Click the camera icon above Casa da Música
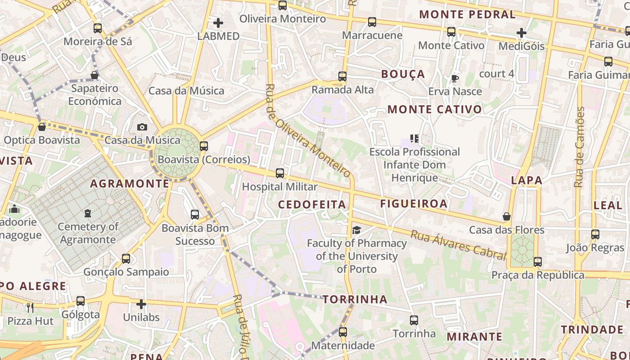pyautogui.click(x=142, y=127)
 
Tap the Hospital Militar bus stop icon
pyautogui.click(x=280, y=173)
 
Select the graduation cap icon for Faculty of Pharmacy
pyautogui.click(x=356, y=230)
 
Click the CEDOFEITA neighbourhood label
pyautogui.click(x=312, y=205)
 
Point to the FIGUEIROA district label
pyautogui.click(x=414, y=203)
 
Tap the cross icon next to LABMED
pyautogui.click(x=218, y=23)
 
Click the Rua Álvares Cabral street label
pyautogui.click(x=458, y=245)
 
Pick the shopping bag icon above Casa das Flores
pyautogui.click(x=507, y=216)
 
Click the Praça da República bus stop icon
pyautogui.click(x=537, y=261)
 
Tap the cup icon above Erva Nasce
pyautogui.click(x=454, y=79)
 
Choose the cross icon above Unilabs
pyautogui.click(x=141, y=304)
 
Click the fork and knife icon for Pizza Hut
pyautogui.click(x=30, y=308)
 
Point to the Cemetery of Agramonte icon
pyautogui.click(x=88, y=213)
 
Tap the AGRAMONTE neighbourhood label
pyautogui.click(x=130, y=184)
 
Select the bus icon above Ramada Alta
pyautogui.click(x=342, y=76)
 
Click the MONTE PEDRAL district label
pyautogui.click(x=468, y=14)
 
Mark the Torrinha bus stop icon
pyautogui.click(x=414, y=320)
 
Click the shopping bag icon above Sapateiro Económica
pyautogui.click(x=94, y=75)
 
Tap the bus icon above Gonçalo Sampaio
pyautogui.click(x=126, y=259)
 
